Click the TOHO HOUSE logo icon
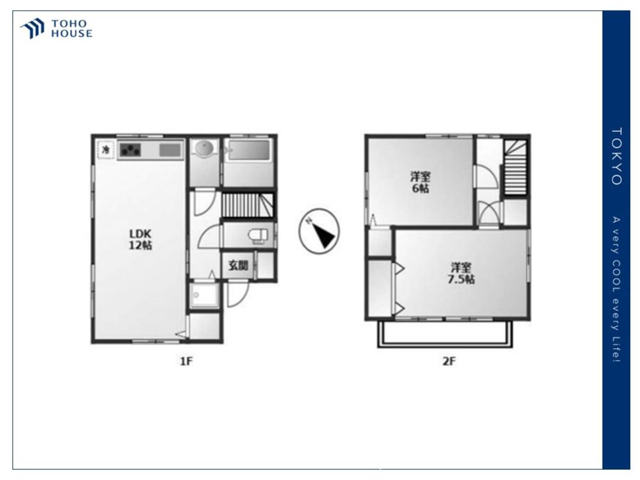(33, 29)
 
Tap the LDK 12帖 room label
(141, 239)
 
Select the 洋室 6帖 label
(420, 183)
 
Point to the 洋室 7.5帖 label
(461, 273)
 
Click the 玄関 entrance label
(238, 266)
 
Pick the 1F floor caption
(186, 361)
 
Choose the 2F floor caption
(449, 361)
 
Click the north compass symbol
(319, 231)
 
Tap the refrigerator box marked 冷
(106, 149)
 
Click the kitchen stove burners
(131, 150)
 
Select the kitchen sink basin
(170, 150)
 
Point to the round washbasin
(204, 148)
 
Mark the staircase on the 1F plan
(247, 205)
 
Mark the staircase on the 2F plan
(515, 168)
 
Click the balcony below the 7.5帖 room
(445, 334)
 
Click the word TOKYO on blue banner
(616, 157)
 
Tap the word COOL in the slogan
(616, 276)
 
